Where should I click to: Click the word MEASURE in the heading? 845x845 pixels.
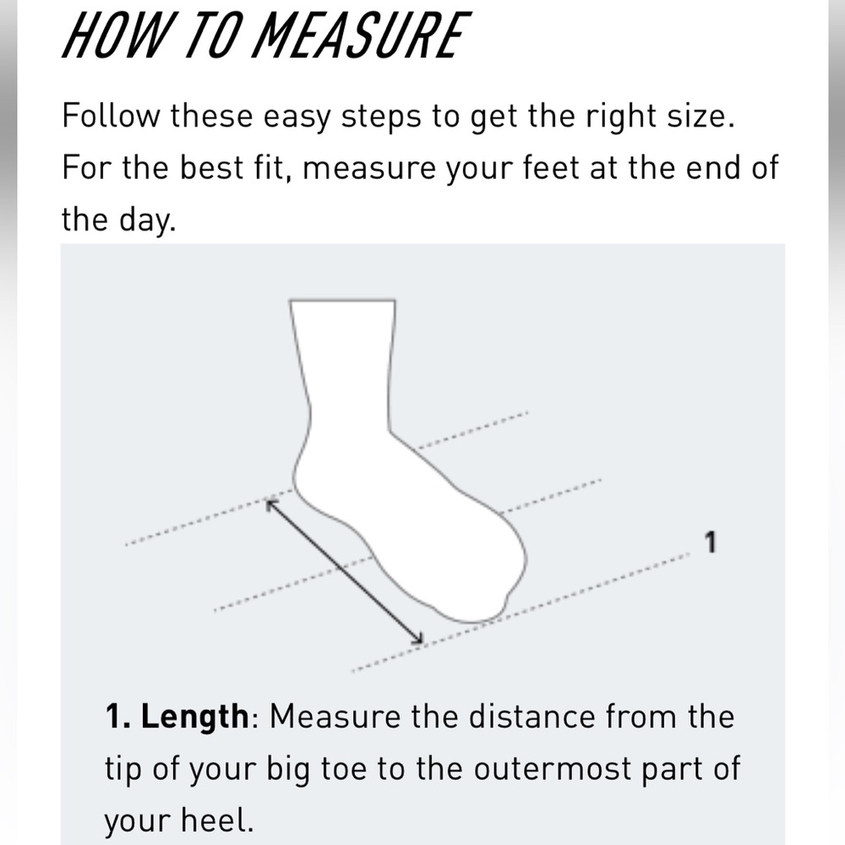[363, 35]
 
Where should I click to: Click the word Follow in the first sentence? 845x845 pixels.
[111, 115]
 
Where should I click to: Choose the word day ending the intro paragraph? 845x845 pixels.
[145, 221]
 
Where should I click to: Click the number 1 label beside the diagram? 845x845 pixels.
[711, 542]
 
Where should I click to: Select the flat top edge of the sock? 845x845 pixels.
[343, 300]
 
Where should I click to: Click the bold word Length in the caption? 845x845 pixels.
[194, 717]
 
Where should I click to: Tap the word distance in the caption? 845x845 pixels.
[532, 717]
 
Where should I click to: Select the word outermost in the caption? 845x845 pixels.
[553, 769]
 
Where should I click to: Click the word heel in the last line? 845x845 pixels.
[215, 820]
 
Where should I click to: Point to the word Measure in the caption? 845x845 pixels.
[335, 717]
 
